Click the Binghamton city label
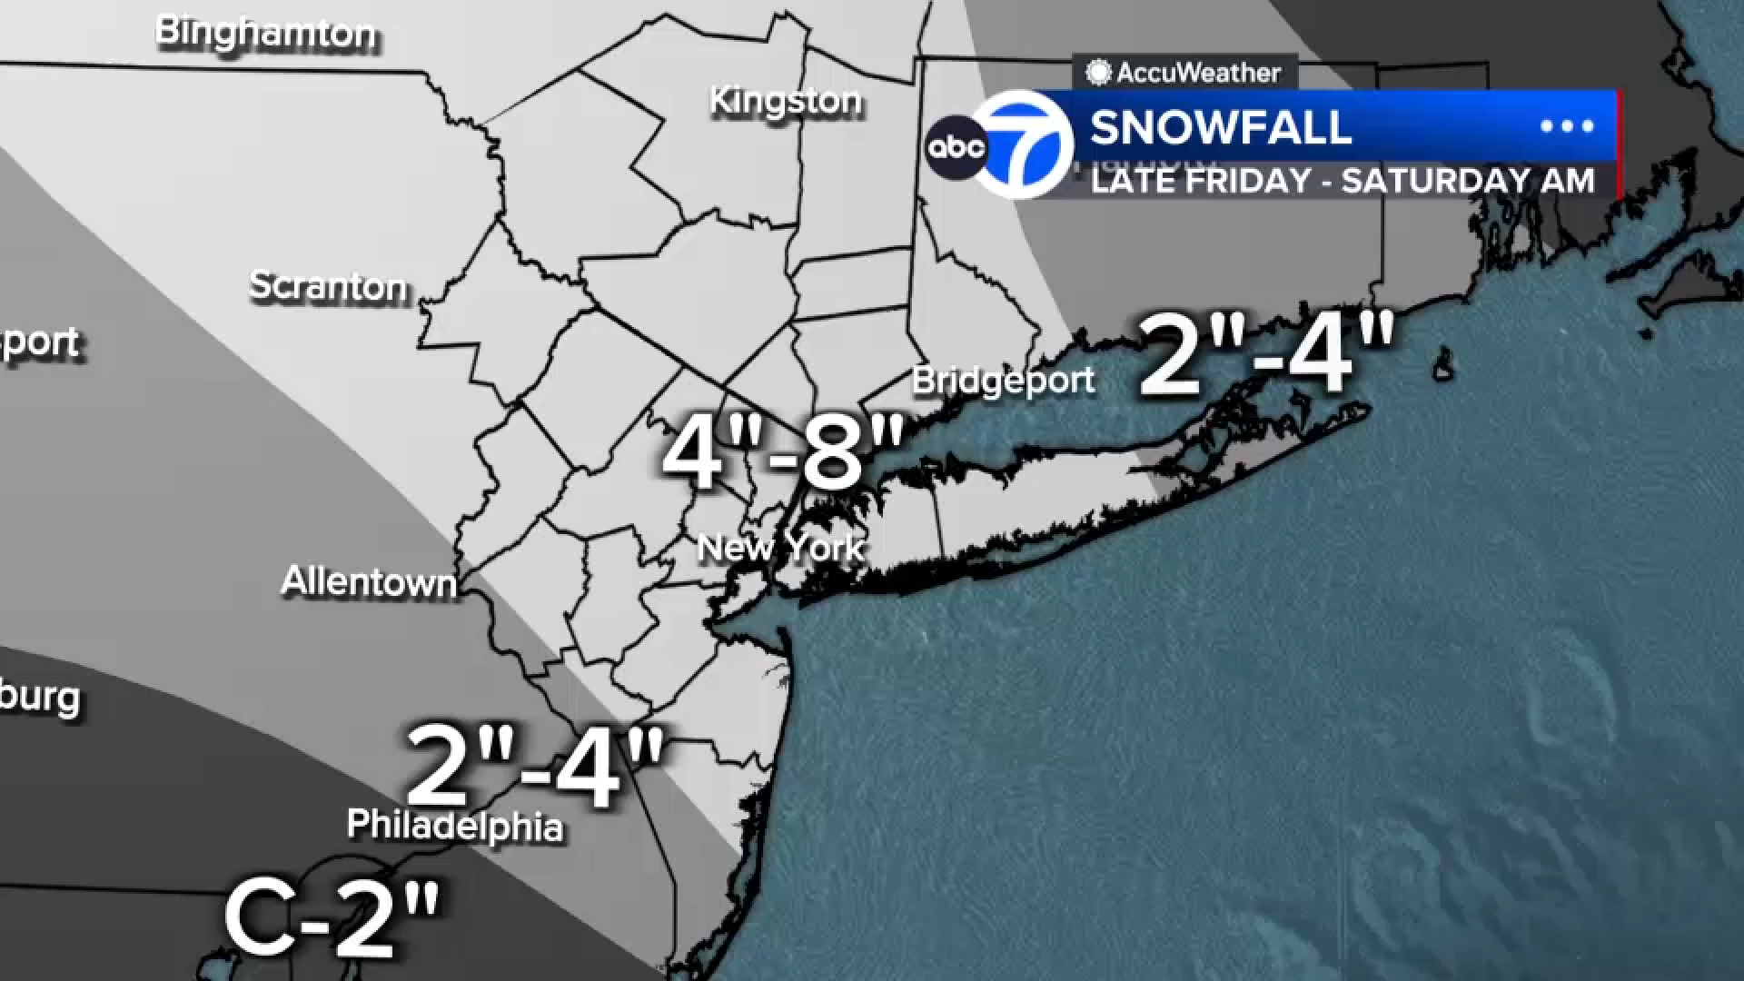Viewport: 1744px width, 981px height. (266, 34)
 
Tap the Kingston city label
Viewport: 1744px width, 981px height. (786, 101)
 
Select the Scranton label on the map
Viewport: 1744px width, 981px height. (329, 287)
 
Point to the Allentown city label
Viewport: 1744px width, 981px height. (369, 581)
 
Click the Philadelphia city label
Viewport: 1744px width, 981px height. (455, 826)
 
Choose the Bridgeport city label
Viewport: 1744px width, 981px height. (1003, 381)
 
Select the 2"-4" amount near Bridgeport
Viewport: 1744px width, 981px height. (1266, 355)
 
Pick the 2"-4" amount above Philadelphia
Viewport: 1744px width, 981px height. (536, 767)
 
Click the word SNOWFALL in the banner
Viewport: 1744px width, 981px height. (1221, 127)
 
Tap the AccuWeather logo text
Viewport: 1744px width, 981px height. (1197, 73)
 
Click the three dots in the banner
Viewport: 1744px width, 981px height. (1567, 126)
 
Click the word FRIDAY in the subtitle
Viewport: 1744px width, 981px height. (1246, 181)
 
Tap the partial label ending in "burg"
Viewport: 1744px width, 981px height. (40, 698)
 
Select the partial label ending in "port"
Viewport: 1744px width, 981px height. (40, 343)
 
